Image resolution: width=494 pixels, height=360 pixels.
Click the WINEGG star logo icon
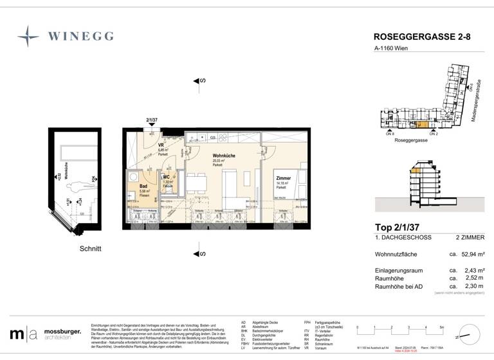[28, 36]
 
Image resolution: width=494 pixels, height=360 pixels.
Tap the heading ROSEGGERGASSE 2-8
[417, 37]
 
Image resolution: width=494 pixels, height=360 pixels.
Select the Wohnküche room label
[224, 156]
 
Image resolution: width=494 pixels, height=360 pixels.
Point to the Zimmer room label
[283, 178]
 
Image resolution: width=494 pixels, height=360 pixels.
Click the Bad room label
[143, 186]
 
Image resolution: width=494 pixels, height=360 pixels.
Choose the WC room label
[166, 177]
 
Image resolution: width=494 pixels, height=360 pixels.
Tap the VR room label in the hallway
[161, 146]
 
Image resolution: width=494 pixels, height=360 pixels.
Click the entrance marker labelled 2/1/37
[152, 120]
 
